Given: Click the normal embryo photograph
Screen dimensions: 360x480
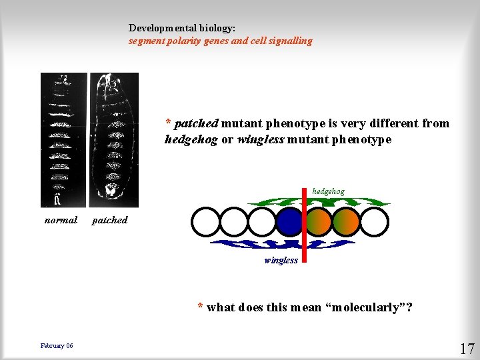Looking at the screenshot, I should [x=63, y=140].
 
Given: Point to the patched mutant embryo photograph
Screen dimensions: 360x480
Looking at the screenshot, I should [x=114, y=140].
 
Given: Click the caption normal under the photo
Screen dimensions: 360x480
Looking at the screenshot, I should [x=61, y=220].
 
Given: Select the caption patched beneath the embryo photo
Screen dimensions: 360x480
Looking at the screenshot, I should [x=109, y=220].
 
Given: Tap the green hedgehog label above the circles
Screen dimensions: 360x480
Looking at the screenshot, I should [x=328, y=192].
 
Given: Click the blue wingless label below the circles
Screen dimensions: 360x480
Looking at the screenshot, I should [x=281, y=260].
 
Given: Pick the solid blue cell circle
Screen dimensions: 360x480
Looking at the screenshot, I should [x=289, y=222].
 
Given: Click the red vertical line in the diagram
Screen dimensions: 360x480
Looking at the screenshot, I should [x=304, y=227].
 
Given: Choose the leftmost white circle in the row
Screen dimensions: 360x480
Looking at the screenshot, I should [x=205, y=222].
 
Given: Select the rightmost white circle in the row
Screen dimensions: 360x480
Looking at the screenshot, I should [x=374, y=222].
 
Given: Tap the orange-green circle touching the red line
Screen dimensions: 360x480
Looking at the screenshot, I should [x=319, y=222].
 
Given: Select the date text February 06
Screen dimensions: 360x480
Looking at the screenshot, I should [x=57, y=345].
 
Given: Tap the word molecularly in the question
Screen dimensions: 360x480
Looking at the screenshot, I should [x=365, y=307].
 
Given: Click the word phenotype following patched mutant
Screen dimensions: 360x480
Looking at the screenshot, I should [x=289, y=123].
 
